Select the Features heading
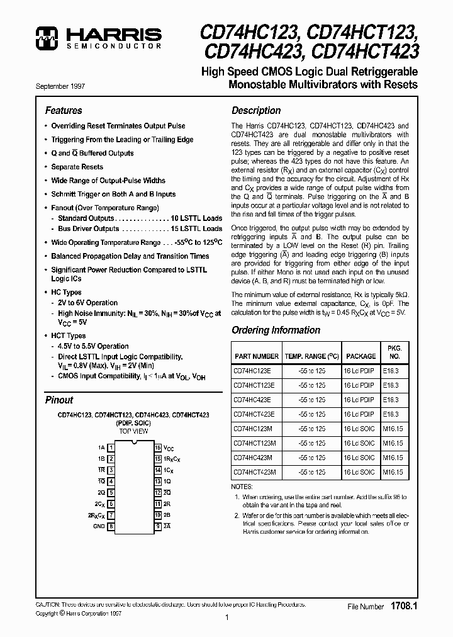64,110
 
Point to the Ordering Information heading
276,330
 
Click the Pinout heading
59,400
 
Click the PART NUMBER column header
256,356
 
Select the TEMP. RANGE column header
312,356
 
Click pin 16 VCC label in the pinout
168,448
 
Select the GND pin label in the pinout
99,526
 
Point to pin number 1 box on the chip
111,448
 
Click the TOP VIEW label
133,431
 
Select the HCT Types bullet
68,335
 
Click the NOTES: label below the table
242,487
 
